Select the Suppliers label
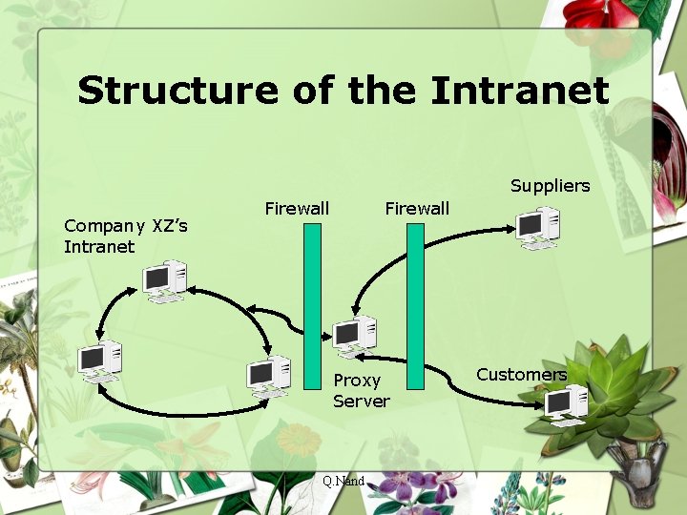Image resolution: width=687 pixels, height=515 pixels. coord(550,186)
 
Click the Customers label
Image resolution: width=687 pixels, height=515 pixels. coord(521,375)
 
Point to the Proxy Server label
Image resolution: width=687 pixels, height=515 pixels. coord(361,391)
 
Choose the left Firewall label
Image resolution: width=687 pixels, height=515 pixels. coord(297,209)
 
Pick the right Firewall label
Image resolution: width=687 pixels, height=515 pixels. coord(416,209)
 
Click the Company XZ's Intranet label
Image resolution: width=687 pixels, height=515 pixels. coord(125,237)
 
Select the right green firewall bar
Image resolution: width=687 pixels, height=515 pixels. coord(415,305)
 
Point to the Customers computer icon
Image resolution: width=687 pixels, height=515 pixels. coord(567,405)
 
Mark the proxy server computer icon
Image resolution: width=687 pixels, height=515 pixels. coord(354,336)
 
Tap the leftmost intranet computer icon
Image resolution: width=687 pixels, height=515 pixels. coord(99,361)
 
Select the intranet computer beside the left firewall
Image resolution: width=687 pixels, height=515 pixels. coord(268,376)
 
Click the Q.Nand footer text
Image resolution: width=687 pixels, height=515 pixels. coord(343,482)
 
